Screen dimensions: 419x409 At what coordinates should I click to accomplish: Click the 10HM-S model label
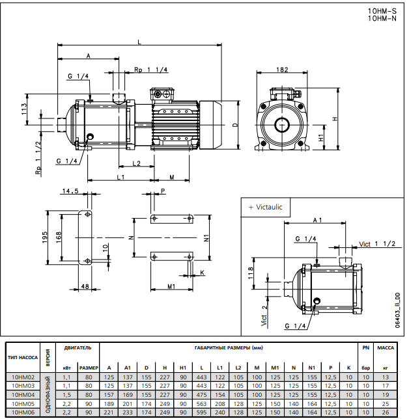click(x=382, y=11)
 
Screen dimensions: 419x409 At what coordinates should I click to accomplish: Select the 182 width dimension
click(x=283, y=70)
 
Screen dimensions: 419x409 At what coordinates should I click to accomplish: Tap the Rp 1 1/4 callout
click(x=150, y=70)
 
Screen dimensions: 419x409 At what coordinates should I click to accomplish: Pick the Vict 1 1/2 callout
click(x=378, y=243)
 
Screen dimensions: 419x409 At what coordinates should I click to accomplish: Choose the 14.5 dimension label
click(x=70, y=191)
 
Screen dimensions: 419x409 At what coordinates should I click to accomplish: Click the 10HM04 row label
click(x=23, y=394)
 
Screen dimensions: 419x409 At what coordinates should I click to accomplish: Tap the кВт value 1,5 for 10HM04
click(x=66, y=394)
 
